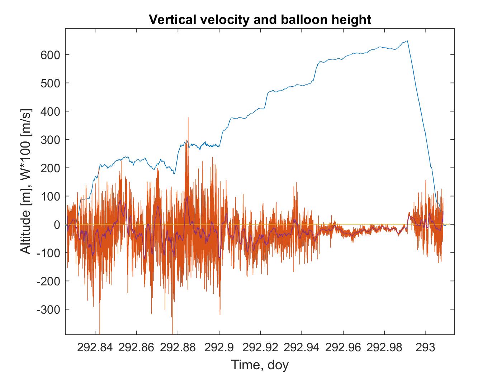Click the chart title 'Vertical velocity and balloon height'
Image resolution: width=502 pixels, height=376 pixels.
tap(260, 19)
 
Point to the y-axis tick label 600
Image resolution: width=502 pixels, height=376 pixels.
tap(50, 55)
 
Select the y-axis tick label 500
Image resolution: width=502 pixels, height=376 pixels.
tap(50, 83)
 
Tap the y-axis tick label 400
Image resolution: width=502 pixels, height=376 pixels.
tap(50, 112)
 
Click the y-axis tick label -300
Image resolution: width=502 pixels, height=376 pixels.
tap(48, 310)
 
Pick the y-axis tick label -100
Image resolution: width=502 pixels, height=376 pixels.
tap(48, 253)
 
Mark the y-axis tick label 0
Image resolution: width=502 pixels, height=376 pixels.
tap(57, 225)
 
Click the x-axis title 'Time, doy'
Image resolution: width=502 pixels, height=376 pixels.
tap(260, 365)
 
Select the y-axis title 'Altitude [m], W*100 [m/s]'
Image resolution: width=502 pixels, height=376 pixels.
tap(25, 181)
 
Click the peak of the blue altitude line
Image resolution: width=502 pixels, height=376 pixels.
tap(407, 41)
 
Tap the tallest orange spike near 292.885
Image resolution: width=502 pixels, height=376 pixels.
tap(188, 117)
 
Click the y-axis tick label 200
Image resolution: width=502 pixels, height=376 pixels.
tap(50, 168)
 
